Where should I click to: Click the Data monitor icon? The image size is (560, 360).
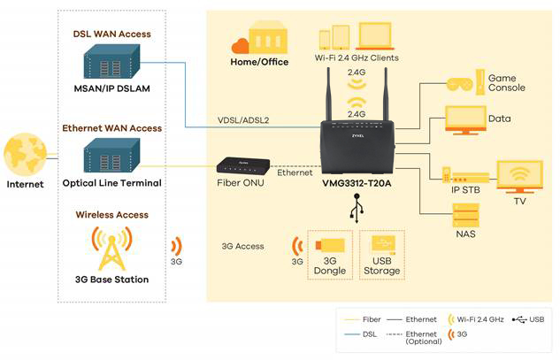464,119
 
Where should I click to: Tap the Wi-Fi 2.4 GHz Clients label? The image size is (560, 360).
357,57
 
